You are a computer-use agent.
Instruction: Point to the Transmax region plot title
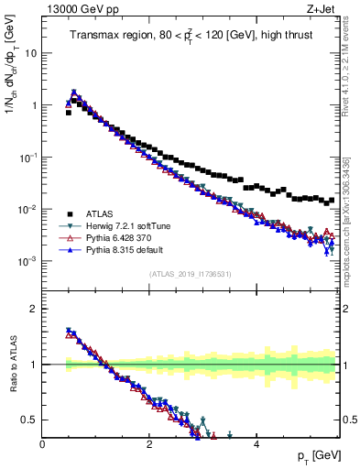[191, 36]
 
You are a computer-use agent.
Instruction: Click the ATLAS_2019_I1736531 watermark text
[191, 274]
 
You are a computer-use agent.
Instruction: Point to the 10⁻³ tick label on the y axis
[28, 261]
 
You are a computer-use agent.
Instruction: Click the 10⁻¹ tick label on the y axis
[28, 157]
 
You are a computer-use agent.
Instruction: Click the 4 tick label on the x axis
[257, 444]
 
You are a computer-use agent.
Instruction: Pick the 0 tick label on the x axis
[43, 444]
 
